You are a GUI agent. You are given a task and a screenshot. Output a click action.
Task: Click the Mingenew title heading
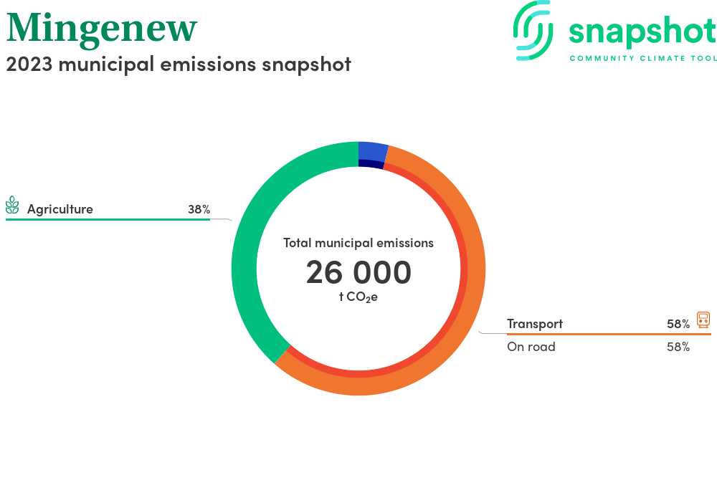click(102, 29)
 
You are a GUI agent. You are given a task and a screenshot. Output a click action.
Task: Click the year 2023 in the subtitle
click(29, 64)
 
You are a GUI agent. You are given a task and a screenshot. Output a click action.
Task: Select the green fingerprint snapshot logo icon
click(533, 30)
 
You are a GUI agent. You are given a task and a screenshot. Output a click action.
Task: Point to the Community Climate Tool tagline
click(643, 59)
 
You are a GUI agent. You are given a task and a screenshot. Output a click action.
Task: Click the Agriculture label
click(60, 209)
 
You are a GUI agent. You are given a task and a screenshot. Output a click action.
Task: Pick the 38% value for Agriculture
click(199, 209)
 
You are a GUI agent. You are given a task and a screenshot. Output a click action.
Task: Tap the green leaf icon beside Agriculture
click(12, 205)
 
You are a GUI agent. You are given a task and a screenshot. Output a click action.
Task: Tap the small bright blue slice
click(372, 152)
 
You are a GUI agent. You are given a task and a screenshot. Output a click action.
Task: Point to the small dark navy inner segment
click(371, 164)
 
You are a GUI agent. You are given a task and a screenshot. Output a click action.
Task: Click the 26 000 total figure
click(358, 272)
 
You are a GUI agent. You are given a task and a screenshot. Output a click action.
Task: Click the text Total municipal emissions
click(358, 243)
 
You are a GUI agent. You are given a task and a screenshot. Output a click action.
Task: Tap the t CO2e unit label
click(358, 297)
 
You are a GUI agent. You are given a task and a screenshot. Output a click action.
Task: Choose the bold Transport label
click(535, 324)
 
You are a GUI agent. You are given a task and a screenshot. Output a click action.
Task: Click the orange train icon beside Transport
click(703, 320)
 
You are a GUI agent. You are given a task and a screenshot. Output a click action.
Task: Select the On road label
click(531, 347)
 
